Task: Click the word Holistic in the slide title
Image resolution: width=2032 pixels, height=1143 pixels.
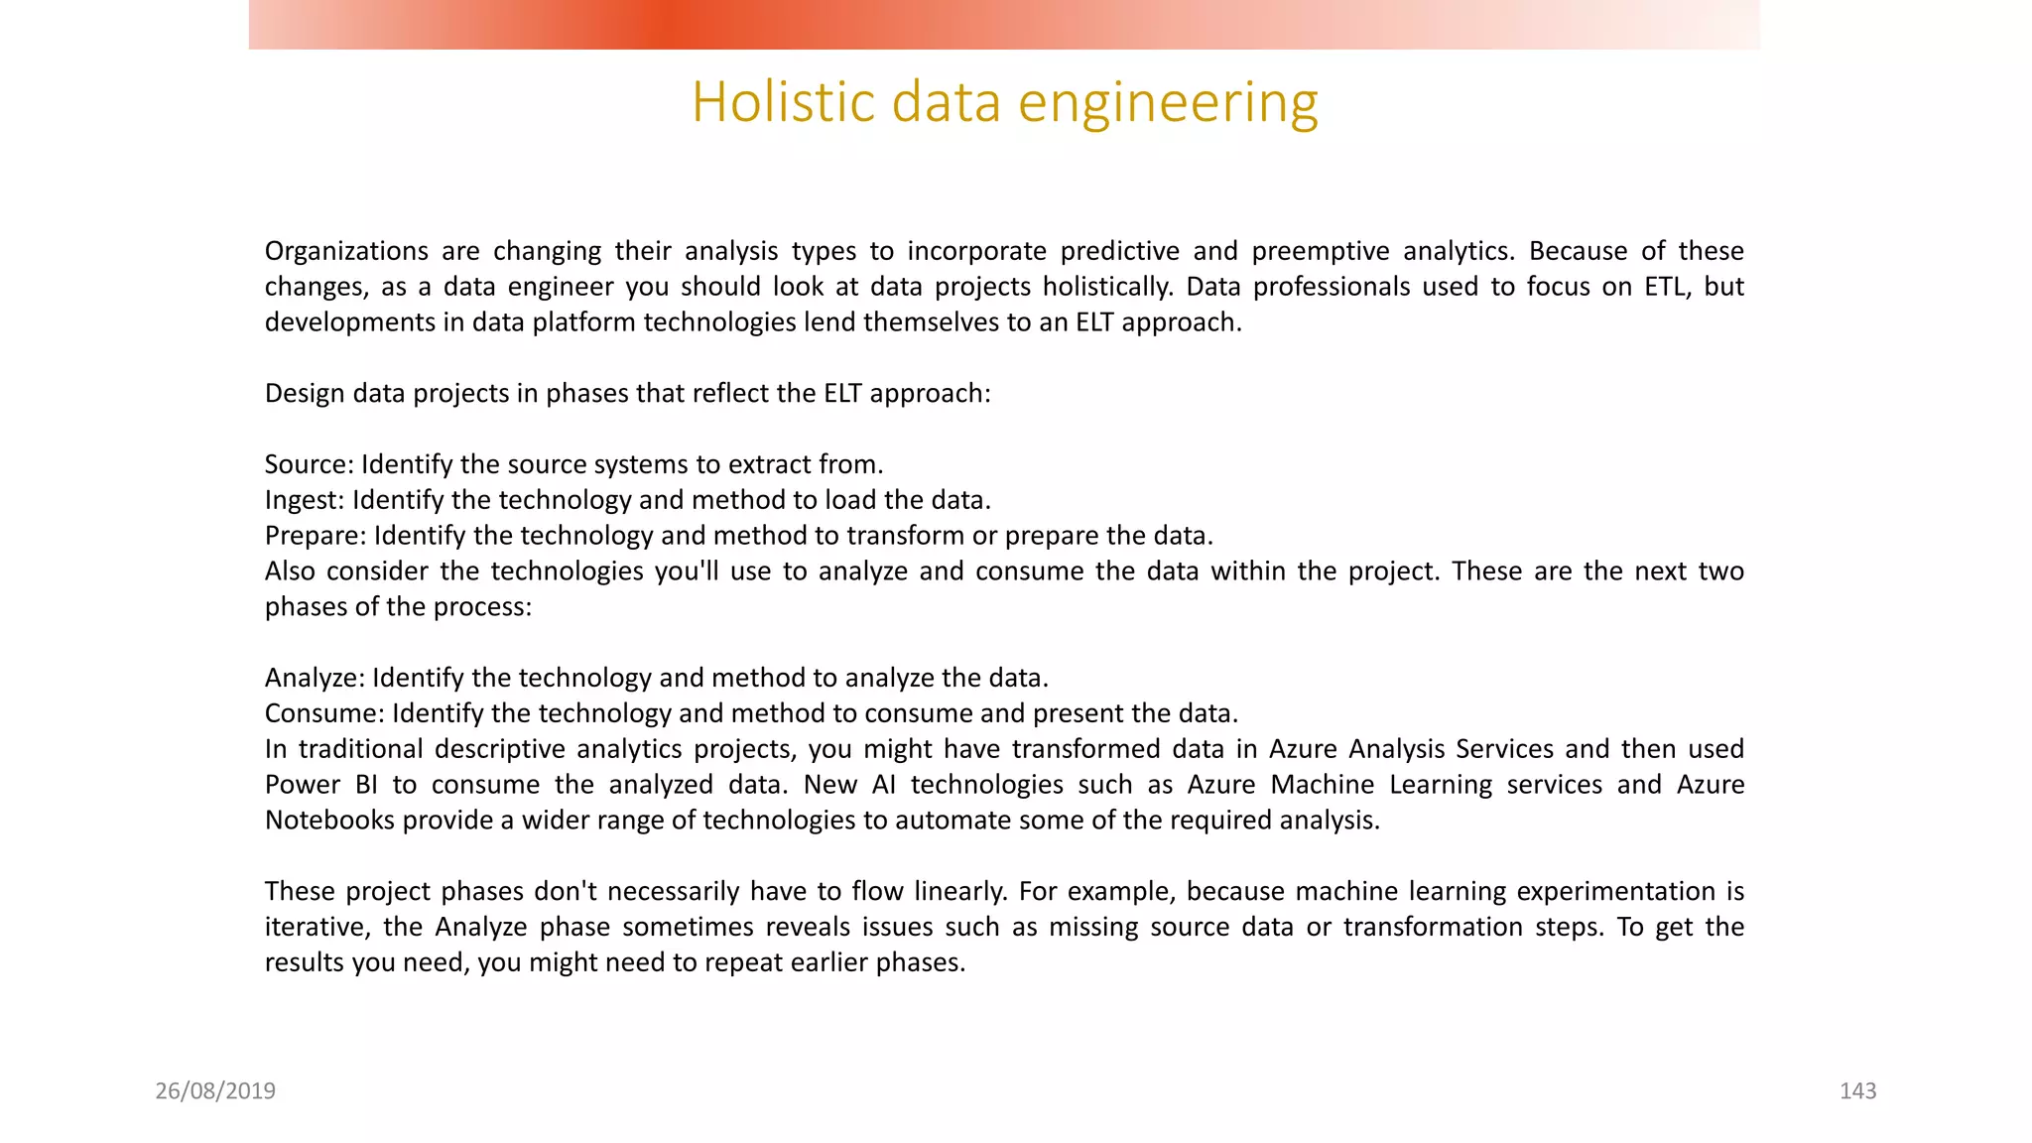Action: pyautogui.click(x=782, y=102)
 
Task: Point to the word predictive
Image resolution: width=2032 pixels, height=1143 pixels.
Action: pyautogui.click(x=1119, y=251)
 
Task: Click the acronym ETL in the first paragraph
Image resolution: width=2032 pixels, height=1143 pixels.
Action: pyautogui.click(x=1667, y=287)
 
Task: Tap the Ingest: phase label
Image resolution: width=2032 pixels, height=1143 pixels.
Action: pyautogui.click(x=304, y=500)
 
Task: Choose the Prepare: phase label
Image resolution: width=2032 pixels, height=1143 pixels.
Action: pyautogui.click(x=316, y=536)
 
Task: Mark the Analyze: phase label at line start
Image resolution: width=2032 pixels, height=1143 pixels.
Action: pyautogui.click(x=315, y=678)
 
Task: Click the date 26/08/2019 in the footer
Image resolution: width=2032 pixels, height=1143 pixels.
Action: pyautogui.click(x=215, y=1091)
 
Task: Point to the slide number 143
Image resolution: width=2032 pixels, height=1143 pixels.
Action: pyautogui.click(x=1857, y=1091)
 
